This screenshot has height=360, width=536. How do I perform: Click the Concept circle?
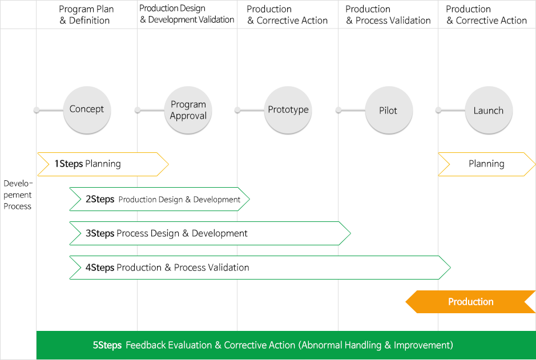(x=87, y=110)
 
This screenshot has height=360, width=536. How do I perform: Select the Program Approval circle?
(x=188, y=110)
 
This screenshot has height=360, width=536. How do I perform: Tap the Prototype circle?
(x=288, y=110)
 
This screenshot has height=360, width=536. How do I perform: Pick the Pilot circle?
(x=389, y=110)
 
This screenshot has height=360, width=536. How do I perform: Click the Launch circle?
(x=489, y=110)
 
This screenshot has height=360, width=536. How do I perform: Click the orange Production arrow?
(x=470, y=302)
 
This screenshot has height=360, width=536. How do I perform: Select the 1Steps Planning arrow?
(x=103, y=164)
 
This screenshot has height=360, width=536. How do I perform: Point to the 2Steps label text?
(x=100, y=199)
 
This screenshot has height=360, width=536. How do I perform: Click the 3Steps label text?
(x=100, y=233)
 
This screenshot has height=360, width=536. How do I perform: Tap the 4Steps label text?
(x=100, y=268)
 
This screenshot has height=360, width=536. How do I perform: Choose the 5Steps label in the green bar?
(x=107, y=345)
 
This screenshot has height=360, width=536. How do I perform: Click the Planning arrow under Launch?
(x=487, y=164)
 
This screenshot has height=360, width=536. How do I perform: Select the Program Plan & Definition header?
(x=86, y=15)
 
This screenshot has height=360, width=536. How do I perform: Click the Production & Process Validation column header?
(x=388, y=15)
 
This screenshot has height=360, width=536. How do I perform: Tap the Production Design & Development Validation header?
(x=187, y=14)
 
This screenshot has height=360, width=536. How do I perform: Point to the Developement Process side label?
(x=18, y=195)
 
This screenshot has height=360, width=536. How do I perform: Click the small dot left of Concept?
(x=37, y=110)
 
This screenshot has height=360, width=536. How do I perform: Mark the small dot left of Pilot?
(x=338, y=110)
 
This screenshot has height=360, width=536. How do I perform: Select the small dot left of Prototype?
(x=237, y=110)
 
